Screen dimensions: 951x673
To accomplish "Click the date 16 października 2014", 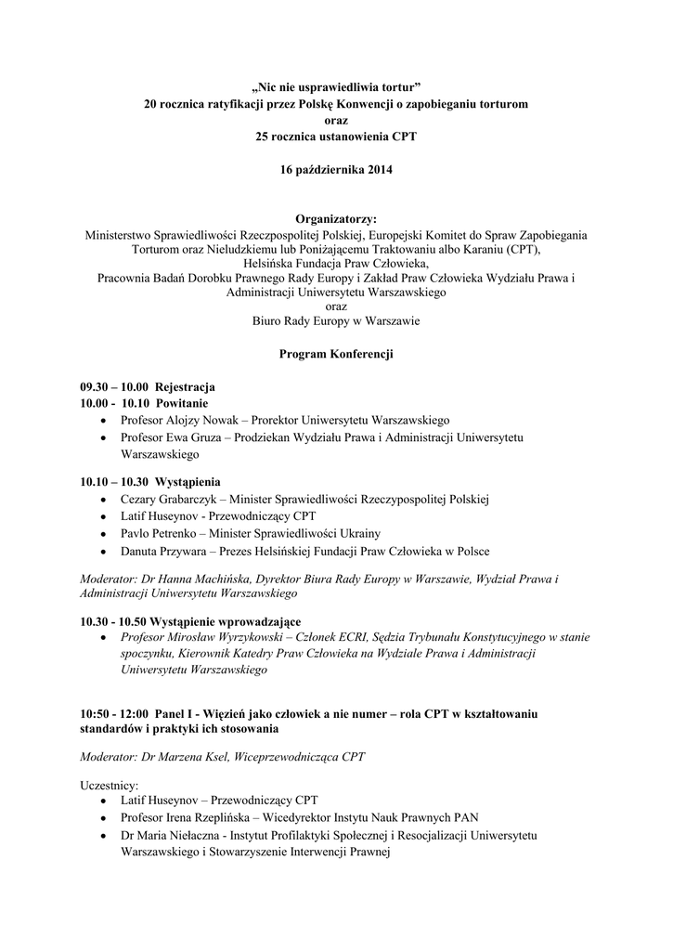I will pos(336,170).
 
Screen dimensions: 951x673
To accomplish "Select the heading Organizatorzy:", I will pos(336,218).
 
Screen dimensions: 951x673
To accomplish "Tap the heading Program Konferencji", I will pos(336,354).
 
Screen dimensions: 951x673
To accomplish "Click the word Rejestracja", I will pos(186,387).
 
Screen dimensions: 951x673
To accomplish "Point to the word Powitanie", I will pos(182,404).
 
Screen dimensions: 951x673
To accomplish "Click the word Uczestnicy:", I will pos(110,786).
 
